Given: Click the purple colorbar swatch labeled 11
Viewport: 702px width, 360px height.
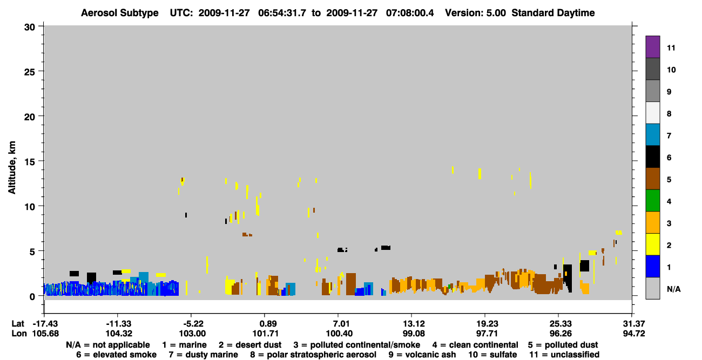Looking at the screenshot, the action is tap(652, 46).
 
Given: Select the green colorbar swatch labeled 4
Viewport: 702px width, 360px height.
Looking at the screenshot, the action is tap(652, 201).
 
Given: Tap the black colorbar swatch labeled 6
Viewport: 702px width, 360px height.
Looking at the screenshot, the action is tap(652, 157).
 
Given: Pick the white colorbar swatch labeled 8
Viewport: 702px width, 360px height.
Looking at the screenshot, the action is tap(652, 113).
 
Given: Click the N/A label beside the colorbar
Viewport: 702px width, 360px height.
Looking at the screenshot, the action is tap(673, 289).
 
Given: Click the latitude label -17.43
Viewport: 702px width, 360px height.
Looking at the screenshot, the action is tap(46, 324).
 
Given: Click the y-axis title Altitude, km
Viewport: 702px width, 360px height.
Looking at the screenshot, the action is tap(12, 167).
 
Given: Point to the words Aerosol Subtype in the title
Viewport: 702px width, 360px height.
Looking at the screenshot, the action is tap(120, 13).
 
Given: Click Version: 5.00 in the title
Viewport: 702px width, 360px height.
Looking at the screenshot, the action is tap(475, 13).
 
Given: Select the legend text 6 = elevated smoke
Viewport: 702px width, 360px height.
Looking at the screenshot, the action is tap(116, 355).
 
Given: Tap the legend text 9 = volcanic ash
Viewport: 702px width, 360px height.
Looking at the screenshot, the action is tap(422, 355).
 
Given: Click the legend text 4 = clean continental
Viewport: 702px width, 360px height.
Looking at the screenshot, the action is tap(475, 345).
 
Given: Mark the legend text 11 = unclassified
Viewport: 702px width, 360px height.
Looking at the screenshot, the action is tap(564, 355).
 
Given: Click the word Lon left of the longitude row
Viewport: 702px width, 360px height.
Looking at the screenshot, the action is tap(19, 334).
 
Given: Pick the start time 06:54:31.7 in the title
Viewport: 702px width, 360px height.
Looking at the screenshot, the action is tap(282, 13).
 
